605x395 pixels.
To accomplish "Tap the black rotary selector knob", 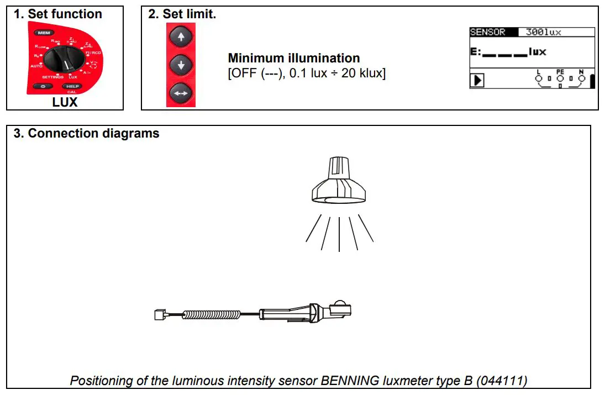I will (64, 57).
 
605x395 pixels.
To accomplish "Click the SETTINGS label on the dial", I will (52, 77).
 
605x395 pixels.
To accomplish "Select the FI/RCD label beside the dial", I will (93, 52).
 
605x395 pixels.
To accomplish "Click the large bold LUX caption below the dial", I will (65, 102).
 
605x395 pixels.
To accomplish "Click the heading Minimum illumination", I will (293, 58).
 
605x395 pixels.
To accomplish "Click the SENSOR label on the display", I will (488, 32).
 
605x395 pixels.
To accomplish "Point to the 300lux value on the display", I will (543, 32).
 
